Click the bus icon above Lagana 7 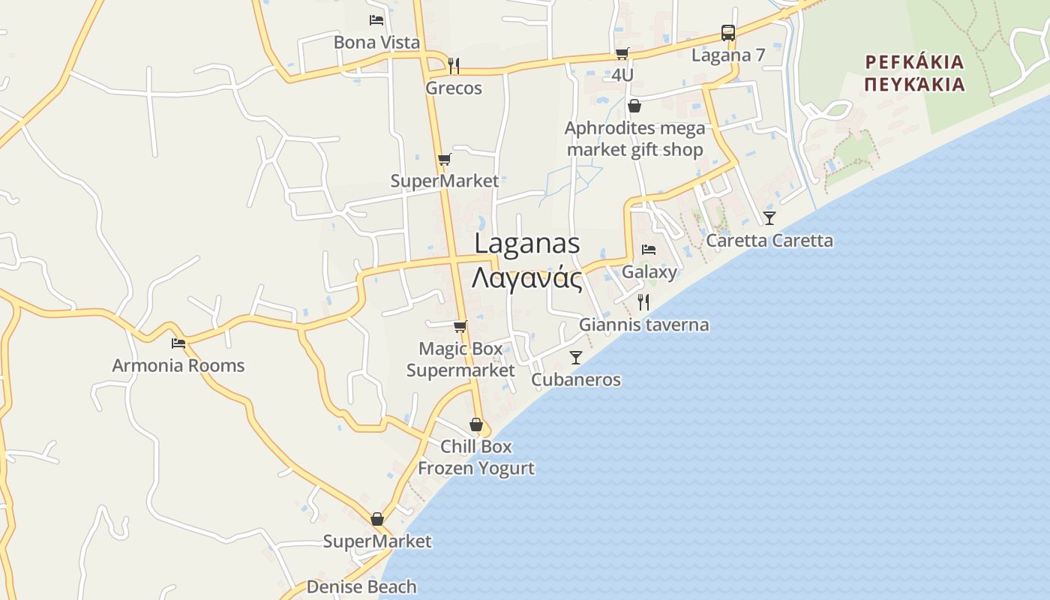727,33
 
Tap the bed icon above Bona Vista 376,20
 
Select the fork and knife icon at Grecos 454,65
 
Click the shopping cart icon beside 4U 622,53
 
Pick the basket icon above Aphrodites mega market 634,106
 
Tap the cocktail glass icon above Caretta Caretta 769,218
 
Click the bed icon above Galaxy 649,250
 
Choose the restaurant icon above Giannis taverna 643,302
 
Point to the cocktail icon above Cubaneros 576,358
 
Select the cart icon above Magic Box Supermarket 460,326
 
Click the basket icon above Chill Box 475,424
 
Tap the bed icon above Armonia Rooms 178,343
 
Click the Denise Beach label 361,586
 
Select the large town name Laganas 527,243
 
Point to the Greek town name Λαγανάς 527,278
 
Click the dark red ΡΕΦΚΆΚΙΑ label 913,61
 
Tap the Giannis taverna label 643,325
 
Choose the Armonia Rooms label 178,366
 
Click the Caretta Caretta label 769,241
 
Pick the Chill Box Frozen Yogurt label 476,457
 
